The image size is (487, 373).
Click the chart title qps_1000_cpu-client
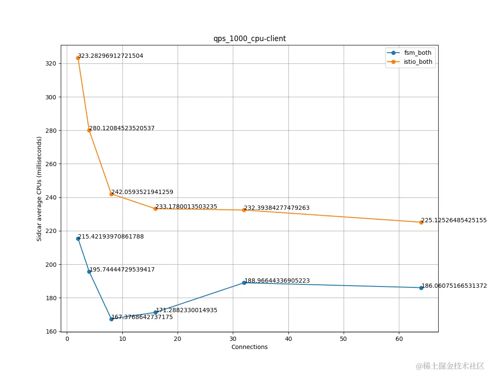tap(249, 39)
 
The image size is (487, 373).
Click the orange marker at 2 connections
tap(78, 58)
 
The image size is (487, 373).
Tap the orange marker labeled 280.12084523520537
tap(89, 130)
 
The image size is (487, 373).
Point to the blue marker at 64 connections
tap(421, 288)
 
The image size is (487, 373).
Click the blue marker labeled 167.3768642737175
tap(111, 319)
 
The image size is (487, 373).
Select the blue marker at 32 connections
tap(244, 283)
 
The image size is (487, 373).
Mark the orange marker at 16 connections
tap(155, 209)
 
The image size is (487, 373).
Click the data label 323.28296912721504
tap(110, 56)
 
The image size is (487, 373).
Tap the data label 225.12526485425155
tap(454, 221)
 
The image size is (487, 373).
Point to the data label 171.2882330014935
tap(186, 310)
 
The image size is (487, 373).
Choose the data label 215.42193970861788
tap(111, 236)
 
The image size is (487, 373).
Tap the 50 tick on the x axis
tap(344, 339)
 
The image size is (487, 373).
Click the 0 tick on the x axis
tap(67, 339)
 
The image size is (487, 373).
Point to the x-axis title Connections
tap(249, 347)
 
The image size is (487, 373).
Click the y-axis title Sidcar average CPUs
tap(39, 189)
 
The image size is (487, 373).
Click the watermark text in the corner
tap(450, 366)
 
